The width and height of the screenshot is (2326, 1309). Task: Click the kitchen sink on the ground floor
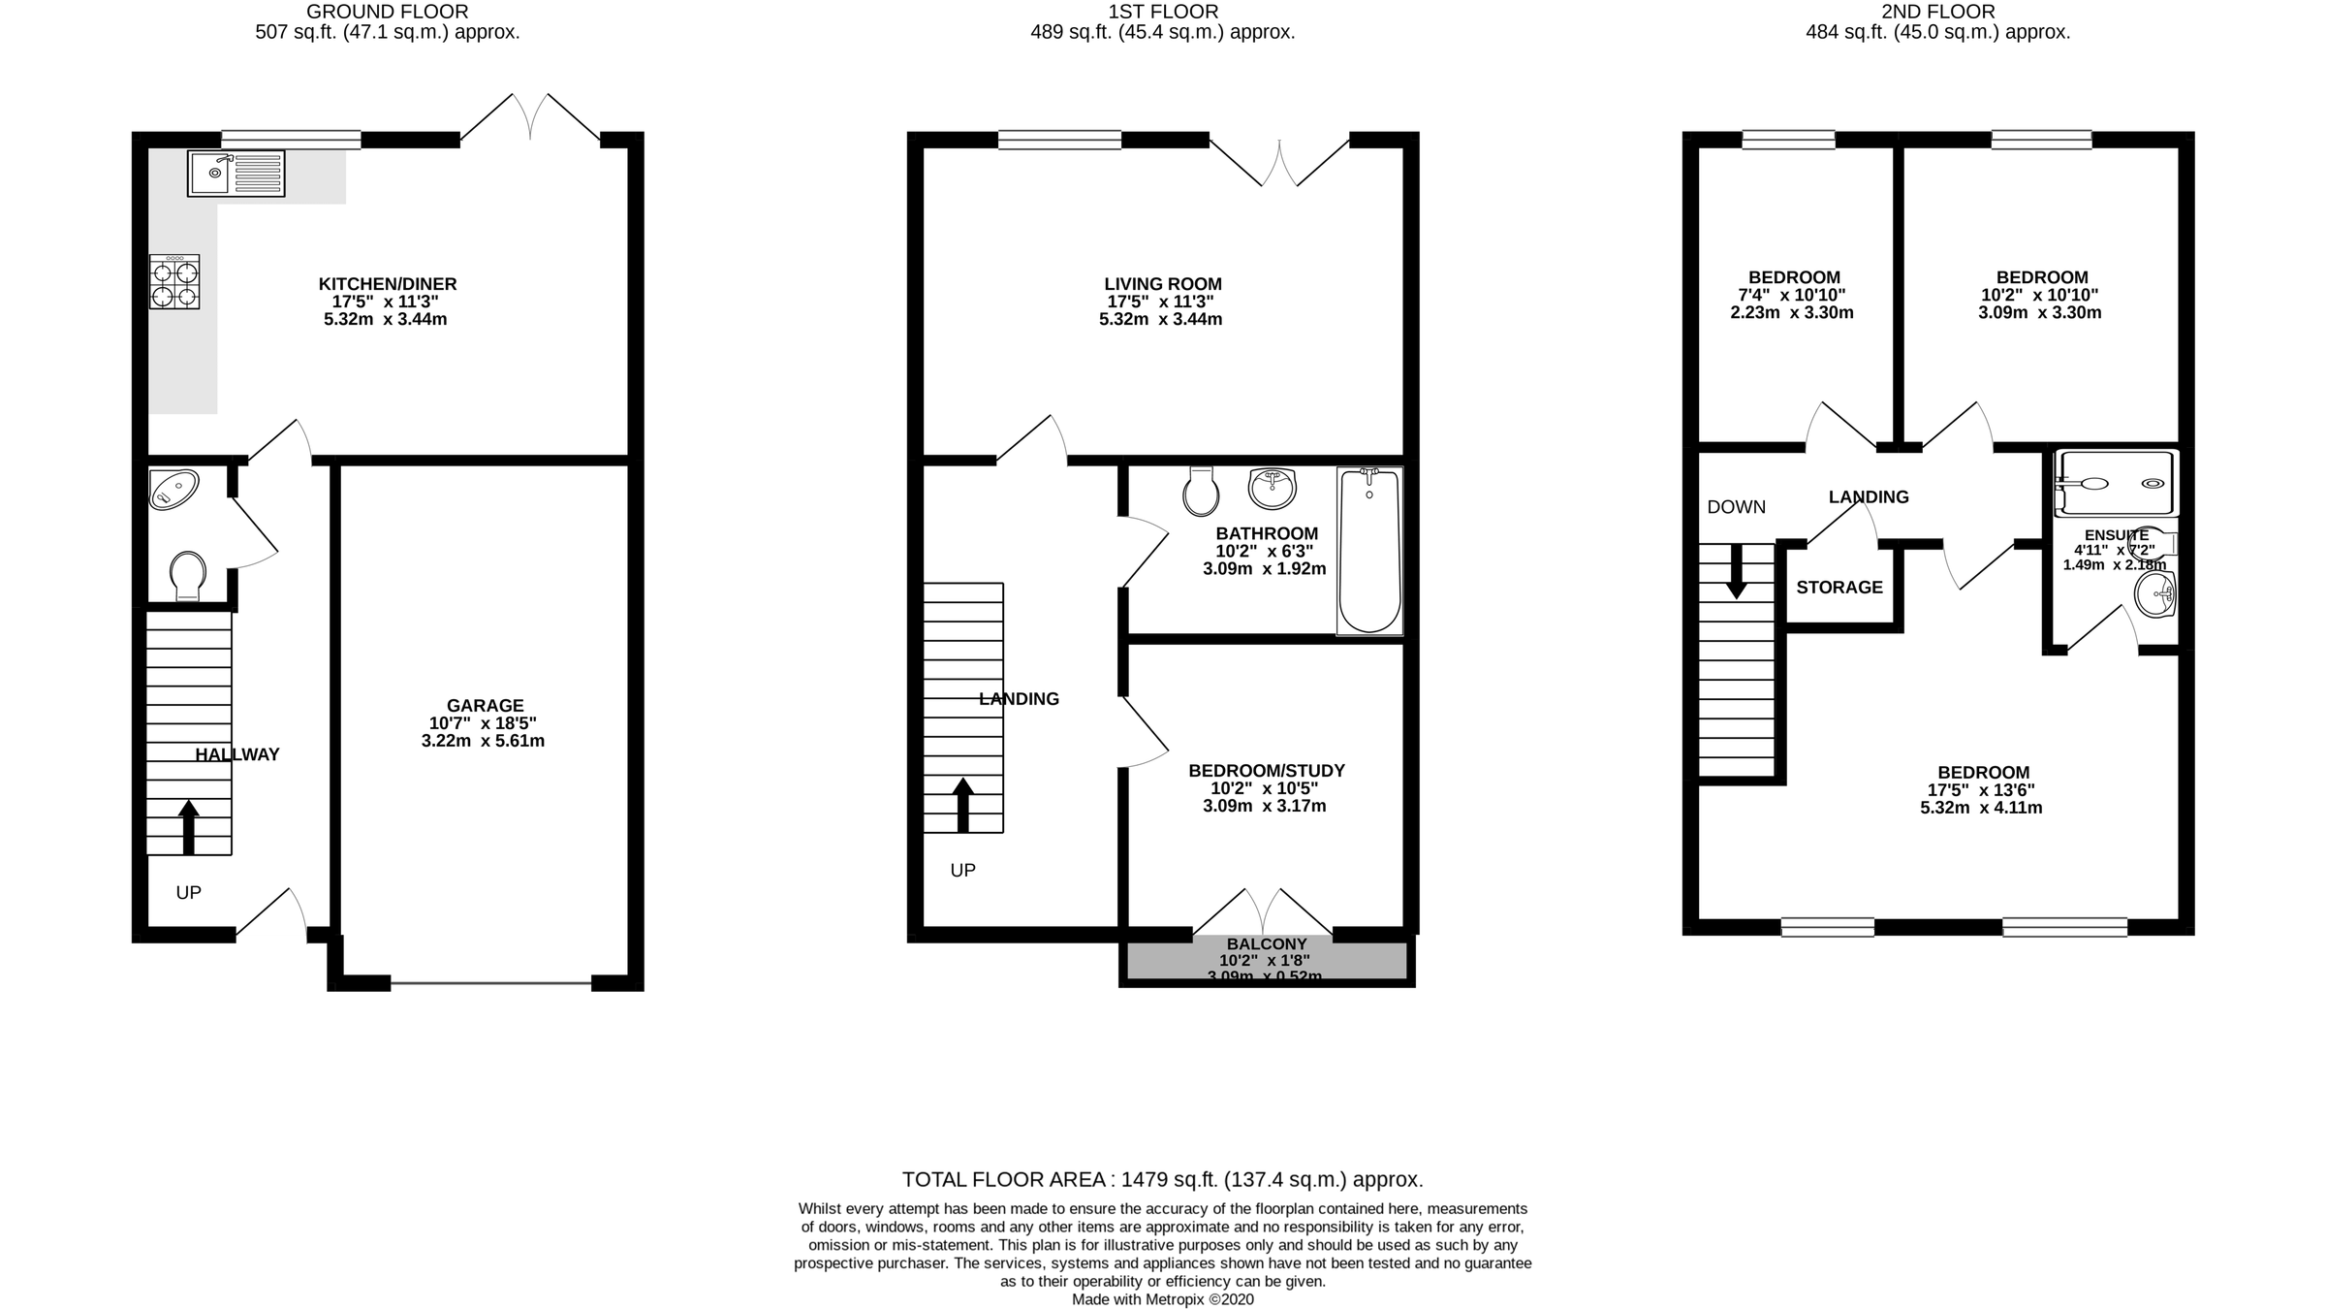(x=236, y=174)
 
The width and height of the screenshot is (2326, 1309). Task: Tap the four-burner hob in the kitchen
(x=174, y=282)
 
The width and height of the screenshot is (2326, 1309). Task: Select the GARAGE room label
(x=485, y=706)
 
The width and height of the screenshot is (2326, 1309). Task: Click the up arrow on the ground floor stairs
(x=189, y=826)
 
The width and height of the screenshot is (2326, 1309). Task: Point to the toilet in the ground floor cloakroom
(x=187, y=576)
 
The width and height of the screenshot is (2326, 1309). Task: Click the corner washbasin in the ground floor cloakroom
(x=173, y=490)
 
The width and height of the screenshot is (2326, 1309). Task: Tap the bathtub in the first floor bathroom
(x=1368, y=551)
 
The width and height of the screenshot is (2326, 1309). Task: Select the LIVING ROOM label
(x=1162, y=284)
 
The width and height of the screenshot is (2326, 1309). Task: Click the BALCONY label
(x=1267, y=944)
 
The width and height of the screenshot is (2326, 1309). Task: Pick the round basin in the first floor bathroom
(x=1273, y=488)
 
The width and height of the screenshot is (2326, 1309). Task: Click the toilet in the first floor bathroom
(x=1201, y=491)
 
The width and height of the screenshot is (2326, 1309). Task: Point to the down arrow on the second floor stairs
(x=1737, y=571)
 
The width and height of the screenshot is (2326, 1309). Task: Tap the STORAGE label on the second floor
(x=1839, y=588)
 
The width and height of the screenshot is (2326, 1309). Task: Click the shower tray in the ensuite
(x=2115, y=483)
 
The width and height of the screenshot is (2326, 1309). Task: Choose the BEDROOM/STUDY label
(x=1267, y=771)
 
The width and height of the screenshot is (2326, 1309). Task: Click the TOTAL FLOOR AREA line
(x=1162, y=1180)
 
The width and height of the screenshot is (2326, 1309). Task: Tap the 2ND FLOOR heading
(x=1937, y=12)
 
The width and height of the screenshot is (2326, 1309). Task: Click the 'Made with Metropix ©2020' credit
(x=1162, y=1299)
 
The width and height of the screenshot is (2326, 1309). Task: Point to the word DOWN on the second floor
(x=1736, y=507)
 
